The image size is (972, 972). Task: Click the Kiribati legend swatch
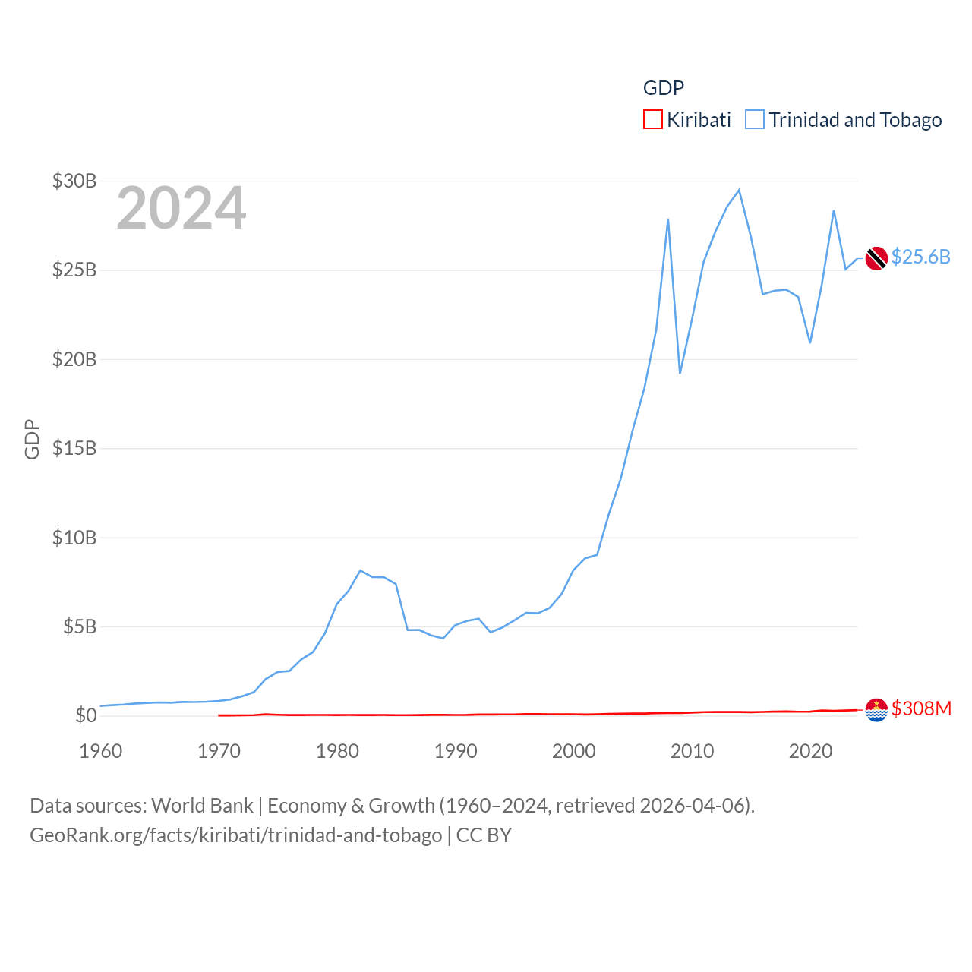click(652, 120)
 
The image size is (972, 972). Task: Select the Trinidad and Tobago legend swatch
click(754, 120)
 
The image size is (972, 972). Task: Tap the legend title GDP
click(663, 88)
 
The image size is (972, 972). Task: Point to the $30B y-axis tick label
click(74, 181)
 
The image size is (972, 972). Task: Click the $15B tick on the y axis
click(74, 448)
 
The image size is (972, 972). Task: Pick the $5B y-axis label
click(80, 626)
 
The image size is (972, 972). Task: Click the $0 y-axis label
click(86, 715)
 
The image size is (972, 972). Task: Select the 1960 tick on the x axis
click(101, 751)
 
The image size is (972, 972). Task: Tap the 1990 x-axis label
click(456, 751)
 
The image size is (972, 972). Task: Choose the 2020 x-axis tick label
click(810, 751)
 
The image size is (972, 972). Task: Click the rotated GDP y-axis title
click(32, 439)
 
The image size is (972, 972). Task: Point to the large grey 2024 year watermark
click(181, 208)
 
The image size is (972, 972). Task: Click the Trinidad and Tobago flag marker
click(876, 258)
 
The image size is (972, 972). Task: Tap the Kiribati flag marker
click(876, 710)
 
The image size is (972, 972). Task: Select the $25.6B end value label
click(920, 257)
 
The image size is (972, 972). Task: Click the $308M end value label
click(921, 708)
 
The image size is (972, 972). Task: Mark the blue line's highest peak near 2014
click(739, 190)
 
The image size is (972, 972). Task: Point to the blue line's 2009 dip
click(680, 373)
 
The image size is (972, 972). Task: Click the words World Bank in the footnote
click(203, 805)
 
